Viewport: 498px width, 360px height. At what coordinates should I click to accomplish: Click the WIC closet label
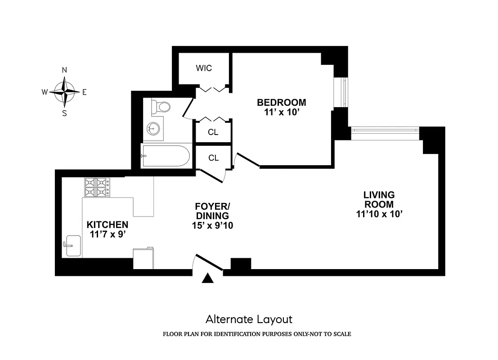[x=204, y=68]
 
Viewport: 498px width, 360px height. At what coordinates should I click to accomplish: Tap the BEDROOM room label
[x=282, y=103]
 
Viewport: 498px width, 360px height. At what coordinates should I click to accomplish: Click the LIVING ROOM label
[x=379, y=200]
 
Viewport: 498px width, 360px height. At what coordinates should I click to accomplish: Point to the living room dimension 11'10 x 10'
[x=379, y=215]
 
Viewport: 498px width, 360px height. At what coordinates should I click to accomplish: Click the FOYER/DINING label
[x=212, y=211]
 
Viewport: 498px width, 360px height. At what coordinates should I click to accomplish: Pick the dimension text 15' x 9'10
[x=212, y=226]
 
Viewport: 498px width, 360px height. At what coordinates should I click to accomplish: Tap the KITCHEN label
[x=108, y=225]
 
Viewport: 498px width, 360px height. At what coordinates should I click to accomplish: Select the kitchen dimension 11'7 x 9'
[x=108, y=234]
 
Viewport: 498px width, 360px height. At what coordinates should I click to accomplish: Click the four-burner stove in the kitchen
[x=97, y=187]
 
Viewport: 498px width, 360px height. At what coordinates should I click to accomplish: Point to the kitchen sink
[x=73, y=246]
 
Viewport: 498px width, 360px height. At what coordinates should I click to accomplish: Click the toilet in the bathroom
[x=160, y=107]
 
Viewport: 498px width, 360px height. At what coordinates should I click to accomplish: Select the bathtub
[x=166, y=156]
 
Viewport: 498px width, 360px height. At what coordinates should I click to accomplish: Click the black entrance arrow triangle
[x=207, y=279]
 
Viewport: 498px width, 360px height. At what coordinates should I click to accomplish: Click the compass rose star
[x=65, y=92]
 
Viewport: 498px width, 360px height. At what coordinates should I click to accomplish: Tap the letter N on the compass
[x=64, y=70]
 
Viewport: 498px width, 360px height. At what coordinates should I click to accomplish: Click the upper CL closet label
[x=213, y=133]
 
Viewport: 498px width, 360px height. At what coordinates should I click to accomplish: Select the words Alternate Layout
[x=249, y=319]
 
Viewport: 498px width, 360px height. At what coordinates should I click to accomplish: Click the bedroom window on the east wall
[x=343, y=93]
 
